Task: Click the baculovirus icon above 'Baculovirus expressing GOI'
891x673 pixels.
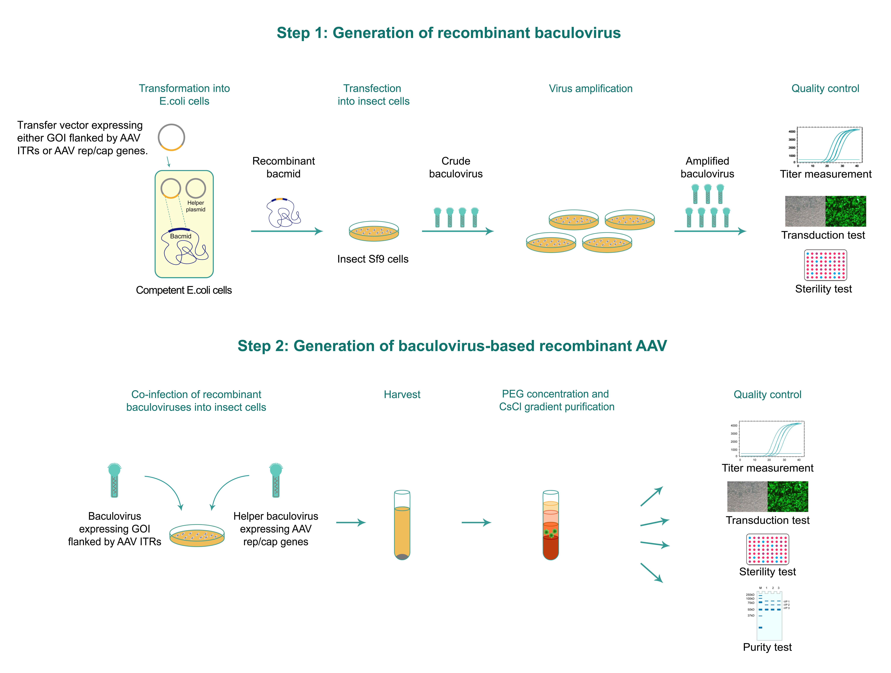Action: tap(114, 480)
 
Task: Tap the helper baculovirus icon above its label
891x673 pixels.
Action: tap(276, 480)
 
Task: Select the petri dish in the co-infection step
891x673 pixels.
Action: tap(197, 536)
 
